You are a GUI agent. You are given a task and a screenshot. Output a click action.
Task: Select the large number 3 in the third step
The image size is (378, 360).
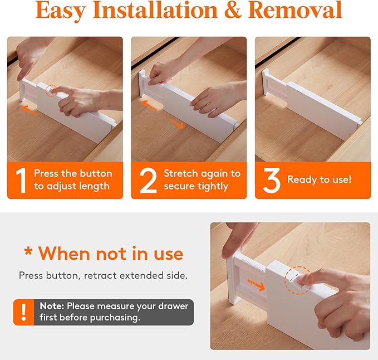pos(272,180)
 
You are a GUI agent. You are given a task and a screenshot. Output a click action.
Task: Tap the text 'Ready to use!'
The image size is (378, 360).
pos(319,179)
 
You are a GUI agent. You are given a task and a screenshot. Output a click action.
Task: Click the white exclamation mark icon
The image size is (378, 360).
pos(24,312)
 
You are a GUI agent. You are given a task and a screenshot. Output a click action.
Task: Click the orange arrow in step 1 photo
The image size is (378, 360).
pos(30,110)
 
